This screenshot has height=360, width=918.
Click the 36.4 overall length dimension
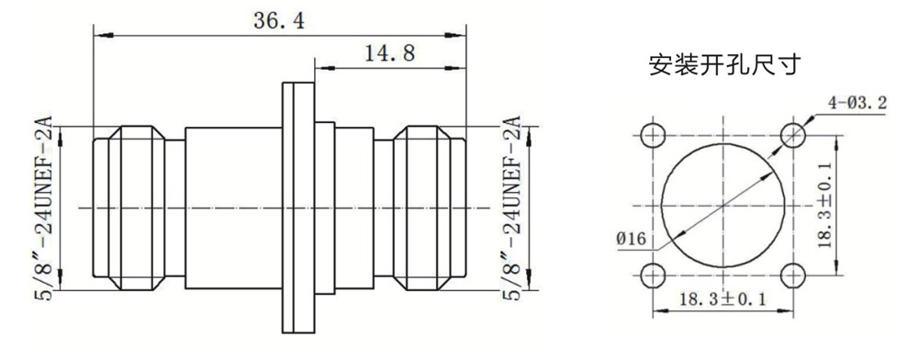pyautogui.click(x=279, y=21)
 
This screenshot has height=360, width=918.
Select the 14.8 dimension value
pyautogui.click(x=389, y=54)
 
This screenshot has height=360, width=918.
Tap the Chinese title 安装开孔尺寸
pyautogui.click(x=723, y=65)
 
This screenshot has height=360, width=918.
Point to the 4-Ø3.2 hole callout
pyautogui.click(x=856, y=104)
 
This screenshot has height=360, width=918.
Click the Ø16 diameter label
pyautogui.click(x=631, y=240)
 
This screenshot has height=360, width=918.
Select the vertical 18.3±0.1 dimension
pyautogui.click(x=825, y=206)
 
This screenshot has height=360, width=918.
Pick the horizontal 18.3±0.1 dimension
pyautogui.click(x=722, y=299)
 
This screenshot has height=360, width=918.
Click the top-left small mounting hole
pyautogui.click(x=653, y=135)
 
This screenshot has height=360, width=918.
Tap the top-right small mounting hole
pyautogui.click(x=793, y=135)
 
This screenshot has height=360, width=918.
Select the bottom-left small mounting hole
pyautogui.click(x=653, y=276)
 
